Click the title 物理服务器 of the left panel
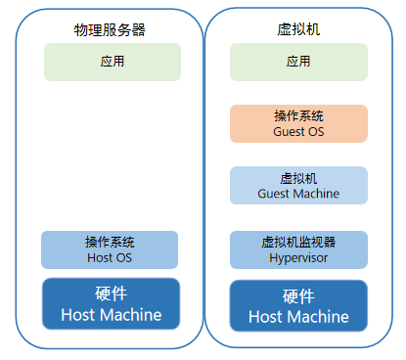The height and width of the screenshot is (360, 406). (111, 29)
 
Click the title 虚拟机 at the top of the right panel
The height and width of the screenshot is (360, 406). (298, 29)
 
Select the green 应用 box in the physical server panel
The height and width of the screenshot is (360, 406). (112, 62)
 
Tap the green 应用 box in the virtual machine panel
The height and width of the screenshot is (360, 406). (298, 62)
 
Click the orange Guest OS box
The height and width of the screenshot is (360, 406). (298, 123)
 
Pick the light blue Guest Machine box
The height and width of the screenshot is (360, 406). (298, 186)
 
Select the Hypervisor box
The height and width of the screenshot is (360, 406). (298, 249)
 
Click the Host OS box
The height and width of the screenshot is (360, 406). (110, 249)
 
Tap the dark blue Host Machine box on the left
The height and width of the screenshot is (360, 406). (111, 304)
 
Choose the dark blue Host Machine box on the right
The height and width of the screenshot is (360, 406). (298, 305)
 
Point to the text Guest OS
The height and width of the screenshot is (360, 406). (298, 131)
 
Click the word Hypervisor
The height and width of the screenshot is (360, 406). (298, 257)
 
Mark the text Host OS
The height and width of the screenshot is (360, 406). (110, 257)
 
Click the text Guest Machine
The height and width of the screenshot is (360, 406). (298, 194)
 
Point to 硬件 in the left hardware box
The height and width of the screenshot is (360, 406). (111, 294)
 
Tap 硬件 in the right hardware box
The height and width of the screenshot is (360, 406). (298, 296)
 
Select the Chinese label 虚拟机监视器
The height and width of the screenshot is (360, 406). (298, 242)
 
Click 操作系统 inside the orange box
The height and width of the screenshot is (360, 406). (298, 115)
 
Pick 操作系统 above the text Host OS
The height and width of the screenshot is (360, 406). (110, 242)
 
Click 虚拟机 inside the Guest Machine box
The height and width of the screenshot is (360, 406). (298, 178)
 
